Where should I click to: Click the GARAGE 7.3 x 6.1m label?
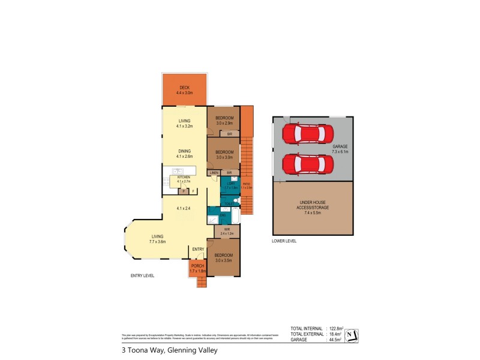341,149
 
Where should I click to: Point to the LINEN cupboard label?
214,173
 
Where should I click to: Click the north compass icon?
352,335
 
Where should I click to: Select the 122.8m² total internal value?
334,329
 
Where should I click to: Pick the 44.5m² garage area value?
335,340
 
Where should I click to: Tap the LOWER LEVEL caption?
284,241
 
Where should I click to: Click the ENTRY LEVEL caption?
142,275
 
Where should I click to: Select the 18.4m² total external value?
335,334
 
